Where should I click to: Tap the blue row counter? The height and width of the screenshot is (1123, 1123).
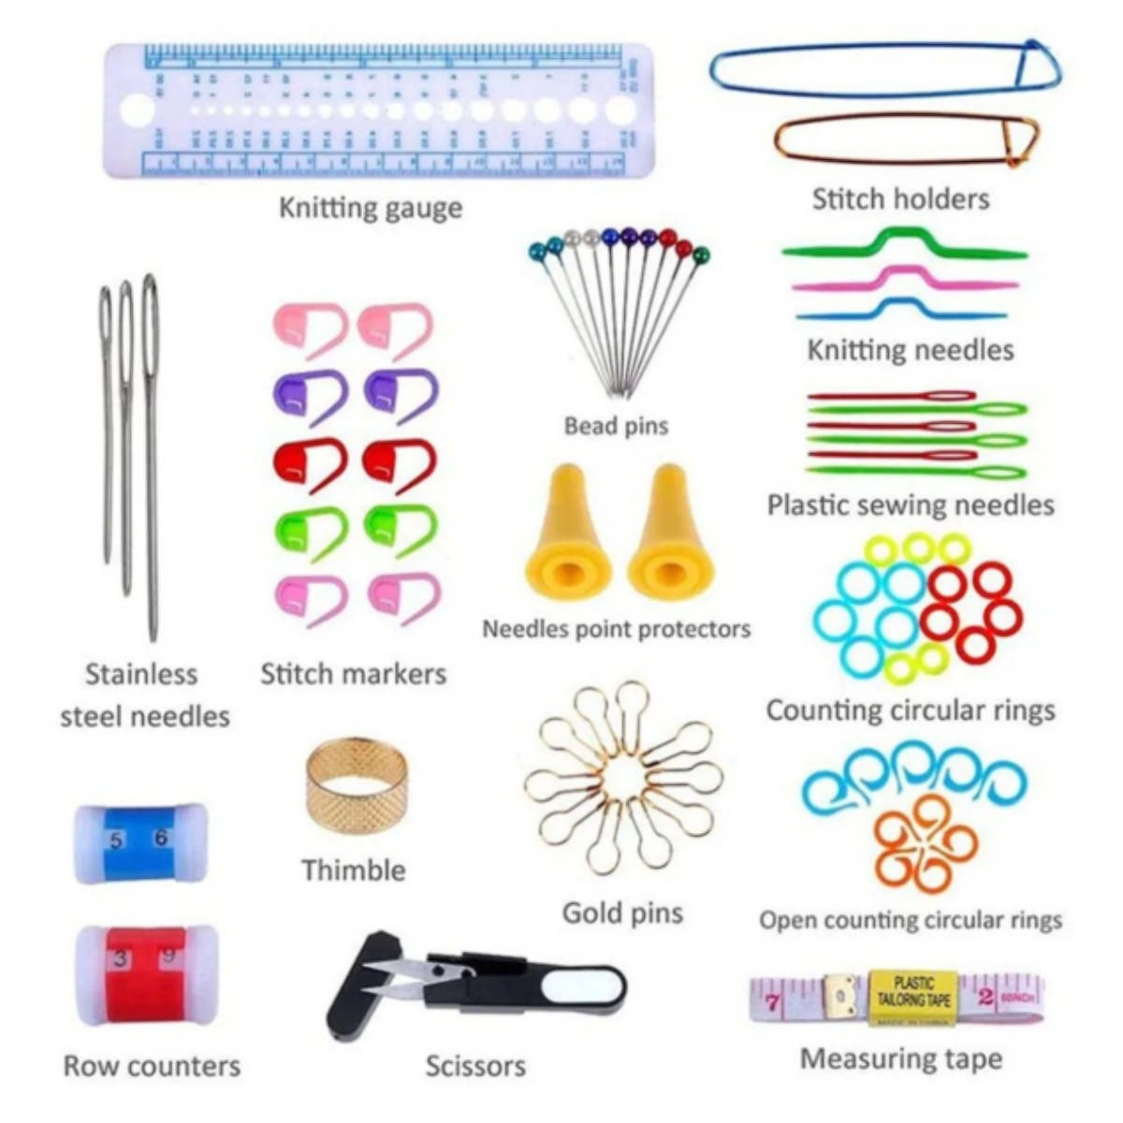pyautogui.click(x=140, y=841)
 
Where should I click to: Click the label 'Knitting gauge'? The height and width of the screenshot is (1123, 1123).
pyautogui.click(x=371, y=207)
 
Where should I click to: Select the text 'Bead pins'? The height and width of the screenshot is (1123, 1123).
pyautogui.click(x=616, y=426)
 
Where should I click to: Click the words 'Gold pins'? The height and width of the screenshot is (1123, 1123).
pyautogui.click(x=622, y=912)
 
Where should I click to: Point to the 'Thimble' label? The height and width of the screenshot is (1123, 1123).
pyautogui.click(x=354, y=870)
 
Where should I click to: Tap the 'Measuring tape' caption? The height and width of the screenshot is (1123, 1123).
pyautogui.click(x=900, y=1059)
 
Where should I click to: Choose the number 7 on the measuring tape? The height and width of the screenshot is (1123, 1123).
pyautogui.click(x=773, y=1003)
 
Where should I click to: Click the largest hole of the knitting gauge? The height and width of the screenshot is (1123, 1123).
pyautogui.click(x=137, y=110)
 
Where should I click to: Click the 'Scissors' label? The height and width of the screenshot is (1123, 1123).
pyautogui.click(x=475, y=1065)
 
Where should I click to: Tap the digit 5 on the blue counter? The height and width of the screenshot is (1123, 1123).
pyautogui.click(x=116, y=840)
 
